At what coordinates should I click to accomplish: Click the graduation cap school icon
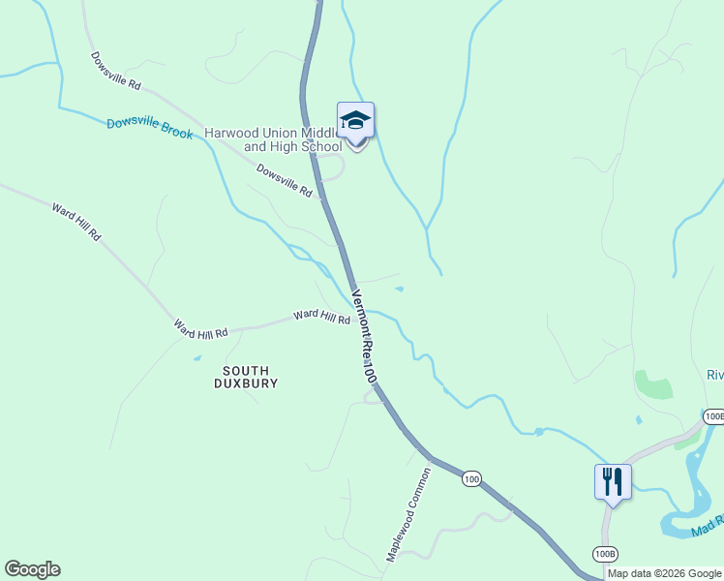pos(355,121)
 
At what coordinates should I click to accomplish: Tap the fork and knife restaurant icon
pos(613,481)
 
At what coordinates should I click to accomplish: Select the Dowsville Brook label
pos(150,127)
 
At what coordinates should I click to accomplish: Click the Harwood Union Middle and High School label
pos(273,139)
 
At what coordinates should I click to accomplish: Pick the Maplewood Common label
pos(407,514)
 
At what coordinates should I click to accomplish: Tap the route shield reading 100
pos(471,479)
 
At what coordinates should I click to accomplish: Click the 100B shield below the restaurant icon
pos(604,553)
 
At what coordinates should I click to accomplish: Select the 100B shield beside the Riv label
pos(714,416)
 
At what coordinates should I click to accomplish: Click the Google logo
pos(32,569)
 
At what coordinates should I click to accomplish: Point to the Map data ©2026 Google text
pos(665,573)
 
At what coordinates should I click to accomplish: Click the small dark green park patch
pos(655,384)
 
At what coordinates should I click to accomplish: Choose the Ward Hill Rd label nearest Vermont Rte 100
pos(321,316)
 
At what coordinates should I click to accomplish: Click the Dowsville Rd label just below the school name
pos(284,180)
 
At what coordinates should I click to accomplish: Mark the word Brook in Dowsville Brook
pos(177,131)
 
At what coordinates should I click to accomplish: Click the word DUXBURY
pos(246,383)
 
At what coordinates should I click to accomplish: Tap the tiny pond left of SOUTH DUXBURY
pos(197,358)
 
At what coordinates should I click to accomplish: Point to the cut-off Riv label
pos(714,376)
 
